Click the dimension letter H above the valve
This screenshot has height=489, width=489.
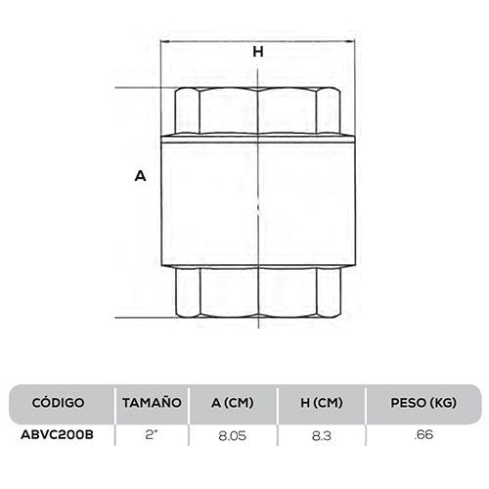tap(258, 53)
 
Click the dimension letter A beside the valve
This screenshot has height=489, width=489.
tap(140, 177)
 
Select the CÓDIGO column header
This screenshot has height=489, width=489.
tap(59, 402)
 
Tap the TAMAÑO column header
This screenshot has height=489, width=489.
tap(152, 402)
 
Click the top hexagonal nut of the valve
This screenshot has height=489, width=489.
tap(258, 110)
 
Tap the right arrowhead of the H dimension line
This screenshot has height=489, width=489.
tap(351, 41)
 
